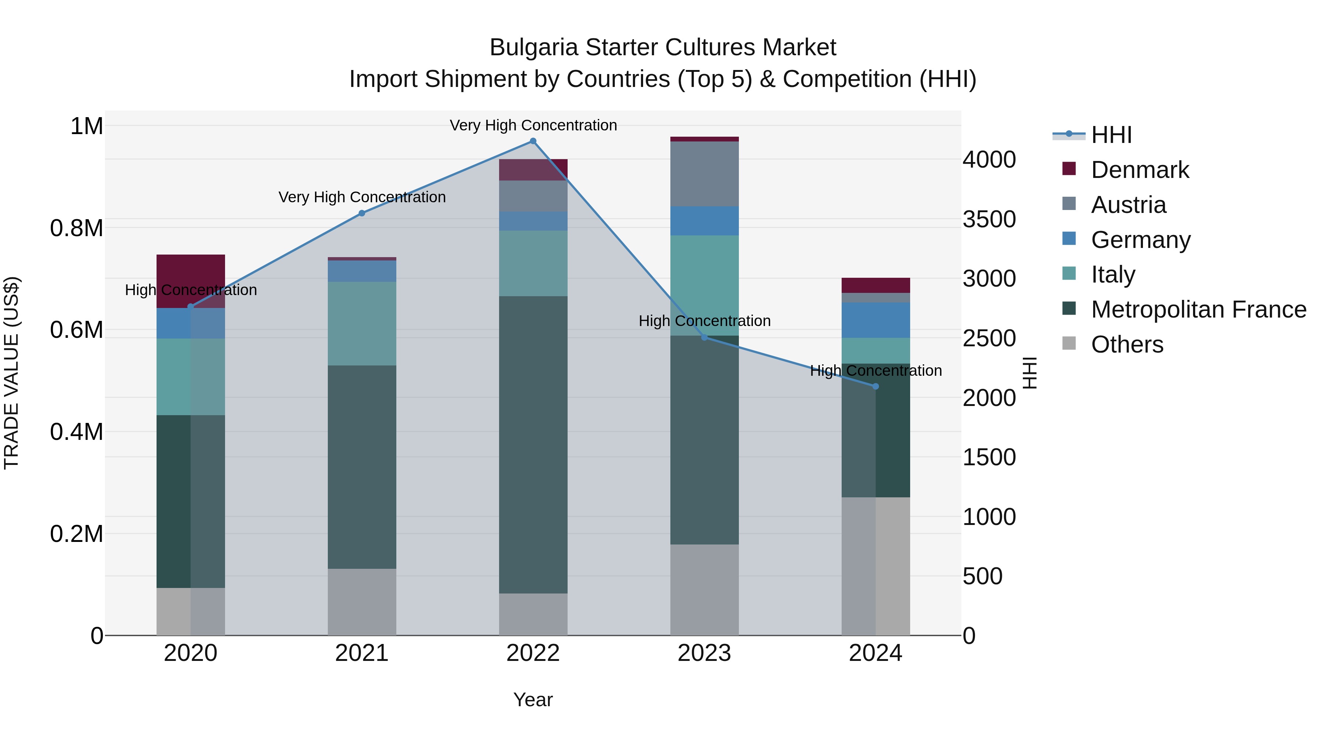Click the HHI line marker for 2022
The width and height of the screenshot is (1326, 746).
coord(533,141)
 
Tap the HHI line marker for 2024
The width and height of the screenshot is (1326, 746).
coord(876,386)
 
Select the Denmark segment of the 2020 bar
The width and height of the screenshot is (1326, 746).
coord(190,273)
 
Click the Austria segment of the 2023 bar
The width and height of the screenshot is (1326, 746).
coord(704,174)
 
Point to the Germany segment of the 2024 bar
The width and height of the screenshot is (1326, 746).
coord(876,320)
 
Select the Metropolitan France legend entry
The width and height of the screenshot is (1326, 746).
coord(1198,309)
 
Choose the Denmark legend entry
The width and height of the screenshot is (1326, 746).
coord(1140,170)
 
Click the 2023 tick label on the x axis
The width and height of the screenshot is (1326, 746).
coord(704,653)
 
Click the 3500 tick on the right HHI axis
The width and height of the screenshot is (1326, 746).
coord(989,219)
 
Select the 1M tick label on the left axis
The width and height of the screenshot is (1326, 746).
coord(87,126)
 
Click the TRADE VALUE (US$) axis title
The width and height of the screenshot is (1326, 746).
coord(11,373)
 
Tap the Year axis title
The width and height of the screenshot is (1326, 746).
coord(533,700)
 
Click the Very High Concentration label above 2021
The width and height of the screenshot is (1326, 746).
coord(362,197)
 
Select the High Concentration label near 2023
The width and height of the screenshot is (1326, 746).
coord(704,321)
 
